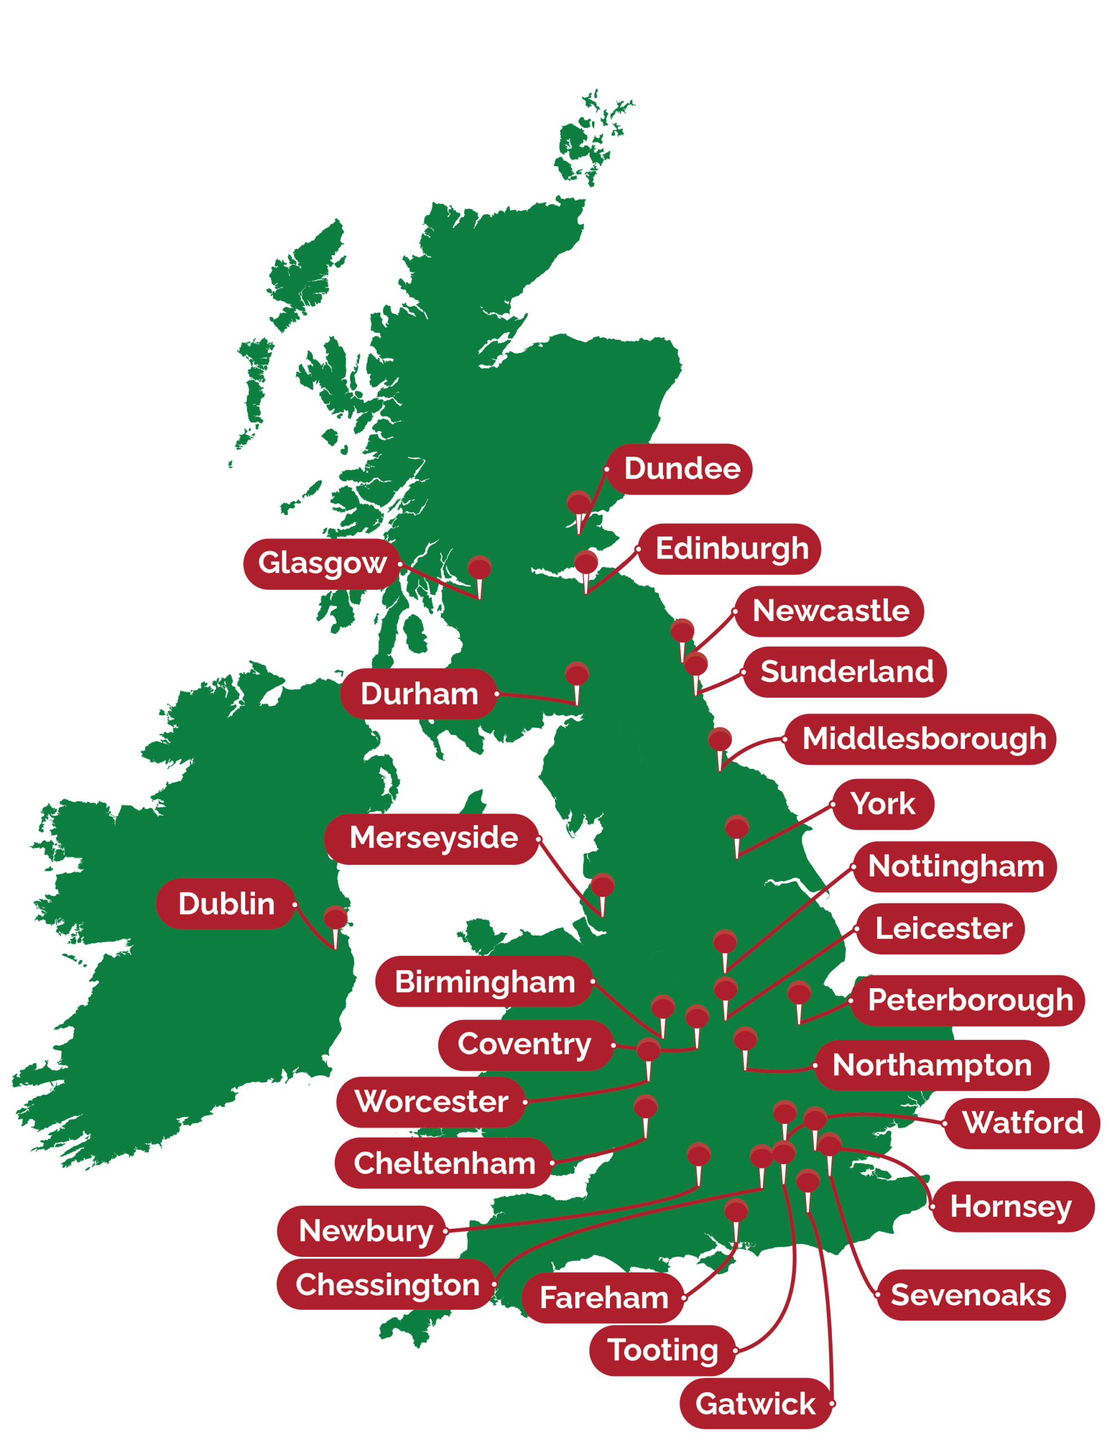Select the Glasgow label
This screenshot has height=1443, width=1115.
322,564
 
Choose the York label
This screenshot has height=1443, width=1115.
883,804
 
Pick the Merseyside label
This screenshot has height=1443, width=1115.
432,838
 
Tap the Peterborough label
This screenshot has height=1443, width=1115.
968,999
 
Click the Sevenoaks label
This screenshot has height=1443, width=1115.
970,1294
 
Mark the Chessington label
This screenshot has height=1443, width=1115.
386,1285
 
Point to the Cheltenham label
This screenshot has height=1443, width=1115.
444,1163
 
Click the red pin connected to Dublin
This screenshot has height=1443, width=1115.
335,918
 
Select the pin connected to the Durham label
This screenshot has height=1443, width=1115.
577,674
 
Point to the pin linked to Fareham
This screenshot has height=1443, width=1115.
736,1210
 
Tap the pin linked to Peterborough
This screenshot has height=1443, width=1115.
799,993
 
